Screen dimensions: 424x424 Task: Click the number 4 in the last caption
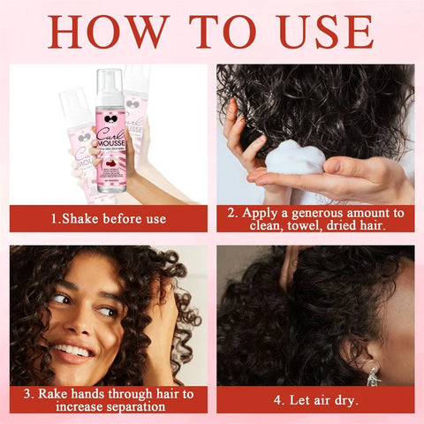click(278, 399)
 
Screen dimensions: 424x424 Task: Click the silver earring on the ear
click(374, 375)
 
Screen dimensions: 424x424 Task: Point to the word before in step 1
click(129, 218)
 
